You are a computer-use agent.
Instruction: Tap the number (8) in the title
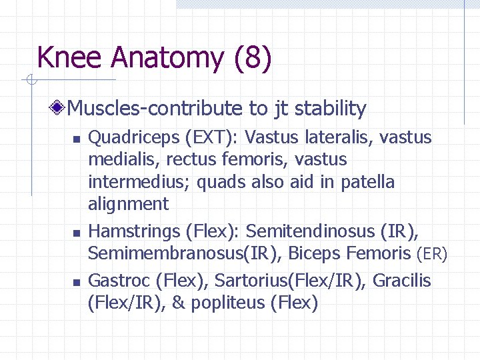[253, 58]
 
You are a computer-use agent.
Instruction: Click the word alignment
[128, 204]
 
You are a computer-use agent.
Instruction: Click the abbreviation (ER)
[431, 254]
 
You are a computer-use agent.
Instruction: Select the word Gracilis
[402, 281]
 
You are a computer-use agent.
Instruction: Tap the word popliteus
[228, 303]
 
